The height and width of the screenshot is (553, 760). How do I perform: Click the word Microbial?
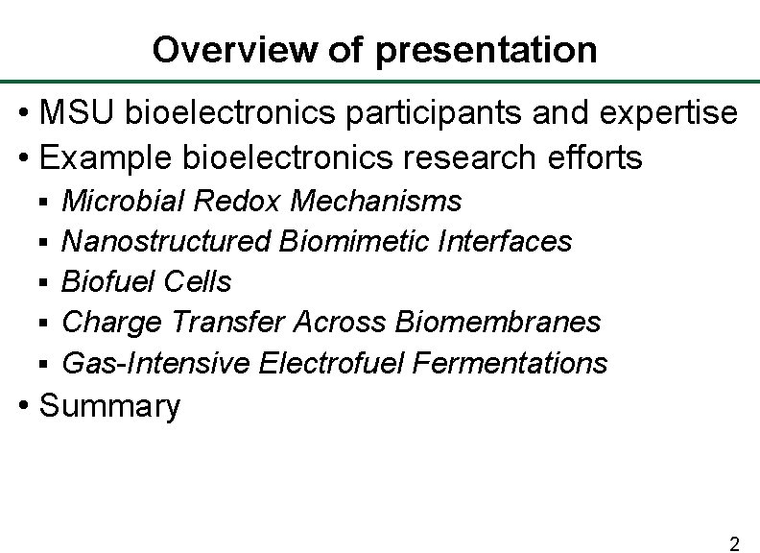(x=123, y=201)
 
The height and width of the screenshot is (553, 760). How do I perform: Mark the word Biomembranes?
(x=498, y=322)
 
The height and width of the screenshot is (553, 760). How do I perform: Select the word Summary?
(x=109, y=406)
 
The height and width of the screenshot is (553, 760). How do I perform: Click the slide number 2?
(x=734, y=544)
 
